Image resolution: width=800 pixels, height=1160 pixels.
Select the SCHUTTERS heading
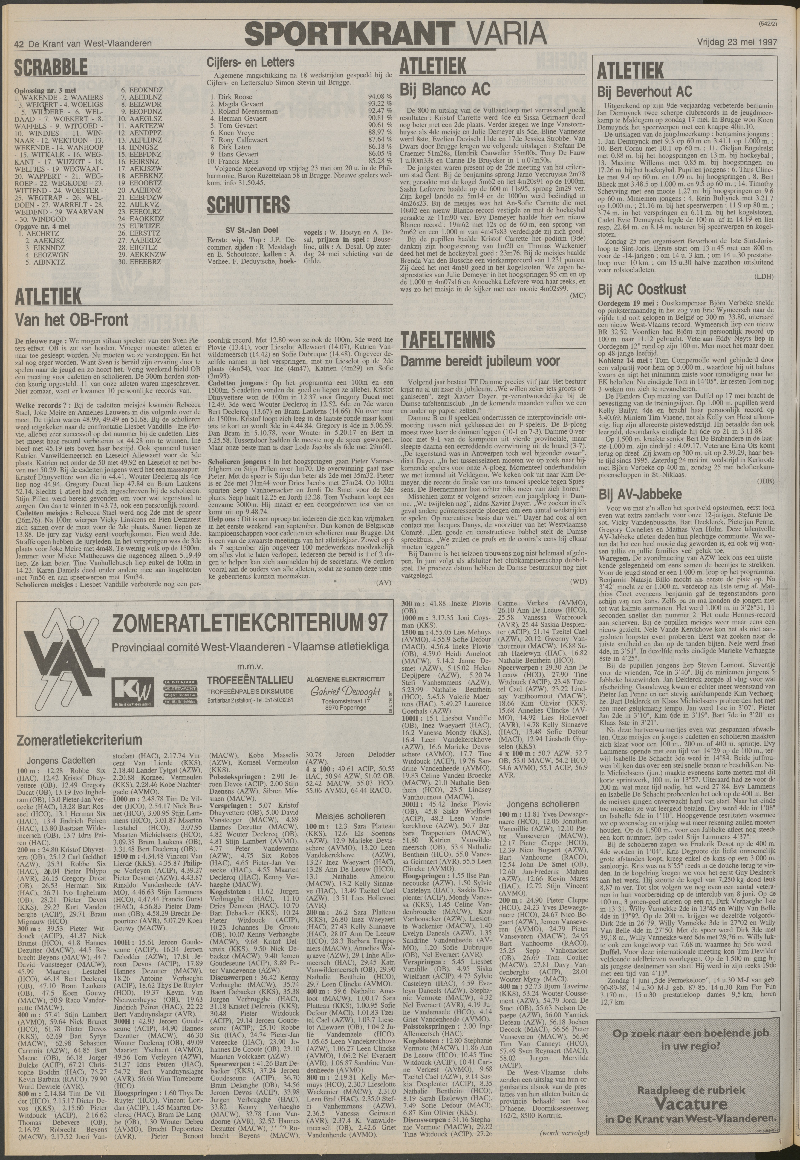pos(248,205)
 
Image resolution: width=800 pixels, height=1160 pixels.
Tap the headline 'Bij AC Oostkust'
pos(642,289)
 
